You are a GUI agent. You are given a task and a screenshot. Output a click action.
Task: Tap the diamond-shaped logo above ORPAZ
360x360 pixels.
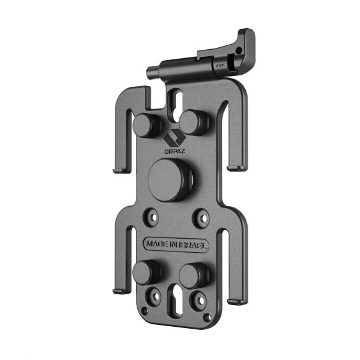tap(173, 137)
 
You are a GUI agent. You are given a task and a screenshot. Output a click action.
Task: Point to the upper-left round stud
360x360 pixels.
tap(147, 125)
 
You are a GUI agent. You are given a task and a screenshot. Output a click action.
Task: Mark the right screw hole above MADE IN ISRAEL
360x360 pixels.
tap(201, 218)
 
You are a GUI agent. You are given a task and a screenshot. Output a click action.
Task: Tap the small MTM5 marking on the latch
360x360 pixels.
tap(220, 64)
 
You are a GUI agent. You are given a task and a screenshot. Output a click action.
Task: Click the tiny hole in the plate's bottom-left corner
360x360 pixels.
tap(145, 311)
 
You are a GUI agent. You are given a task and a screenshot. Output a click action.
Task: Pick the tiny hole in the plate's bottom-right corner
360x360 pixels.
tap(206, 317)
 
